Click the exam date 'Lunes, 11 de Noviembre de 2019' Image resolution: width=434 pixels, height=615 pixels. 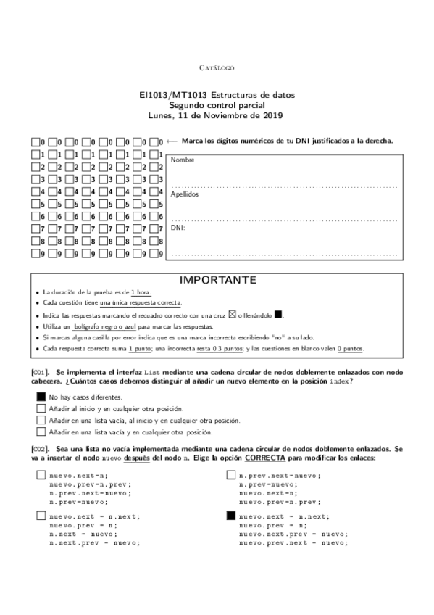click(x=217, y=115)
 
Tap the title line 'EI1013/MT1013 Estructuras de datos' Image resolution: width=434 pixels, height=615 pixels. click(x=217, y=95)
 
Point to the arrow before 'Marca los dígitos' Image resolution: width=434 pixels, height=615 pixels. click(x=172, y=141)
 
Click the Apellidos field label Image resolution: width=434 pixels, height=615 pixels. click(x=184, y=194)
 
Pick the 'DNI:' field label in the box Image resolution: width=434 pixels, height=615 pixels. click(x=178, y=228)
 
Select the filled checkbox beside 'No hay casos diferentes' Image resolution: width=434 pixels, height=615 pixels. click(x=41, y=397)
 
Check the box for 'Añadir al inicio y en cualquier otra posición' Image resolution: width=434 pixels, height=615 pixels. click(x=41, y=408)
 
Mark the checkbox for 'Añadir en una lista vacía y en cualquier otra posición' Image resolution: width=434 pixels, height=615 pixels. click(x=41, y=432)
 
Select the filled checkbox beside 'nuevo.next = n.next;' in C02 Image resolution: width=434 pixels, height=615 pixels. click(x=231, y=516)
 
